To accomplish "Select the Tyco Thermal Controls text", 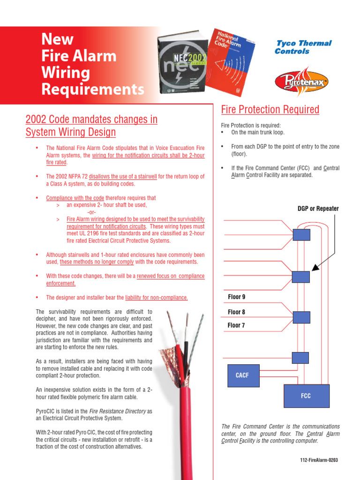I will (x=303, y=47).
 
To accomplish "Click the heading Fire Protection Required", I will (x=270, y=110).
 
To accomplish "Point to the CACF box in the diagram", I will (x=242, y=375).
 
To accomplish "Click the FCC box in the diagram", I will (x=306, y=396).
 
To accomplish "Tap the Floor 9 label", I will (x=237, y=297).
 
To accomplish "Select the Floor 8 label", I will (x=237, y=312).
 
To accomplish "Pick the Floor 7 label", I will (x=236, y=325).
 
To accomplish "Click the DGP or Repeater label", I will (x=318, y=209).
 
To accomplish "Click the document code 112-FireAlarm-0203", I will (x=319, y=460).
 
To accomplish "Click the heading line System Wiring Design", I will (x=70, y=132).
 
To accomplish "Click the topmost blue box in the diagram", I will (x=301, y=234).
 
